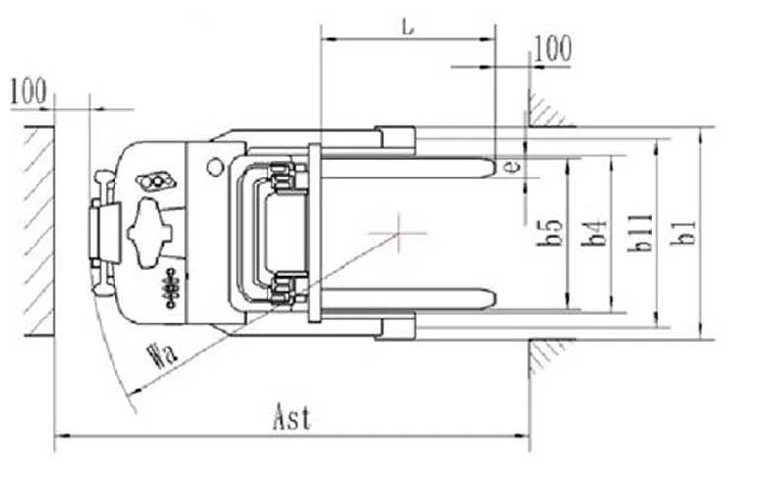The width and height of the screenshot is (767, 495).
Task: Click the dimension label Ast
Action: (x=292, y=418)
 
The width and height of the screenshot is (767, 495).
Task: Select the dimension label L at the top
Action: (x=407, y=27)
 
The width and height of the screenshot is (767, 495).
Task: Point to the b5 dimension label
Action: (x=550, y=232)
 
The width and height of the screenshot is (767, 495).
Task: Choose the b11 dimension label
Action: (x=640, y=233)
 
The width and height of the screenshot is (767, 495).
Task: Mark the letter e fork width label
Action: (x=512, y=167)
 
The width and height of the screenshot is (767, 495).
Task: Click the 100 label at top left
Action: (x=29, y=91)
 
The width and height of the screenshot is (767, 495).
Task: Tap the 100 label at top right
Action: (x=552, y=48)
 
